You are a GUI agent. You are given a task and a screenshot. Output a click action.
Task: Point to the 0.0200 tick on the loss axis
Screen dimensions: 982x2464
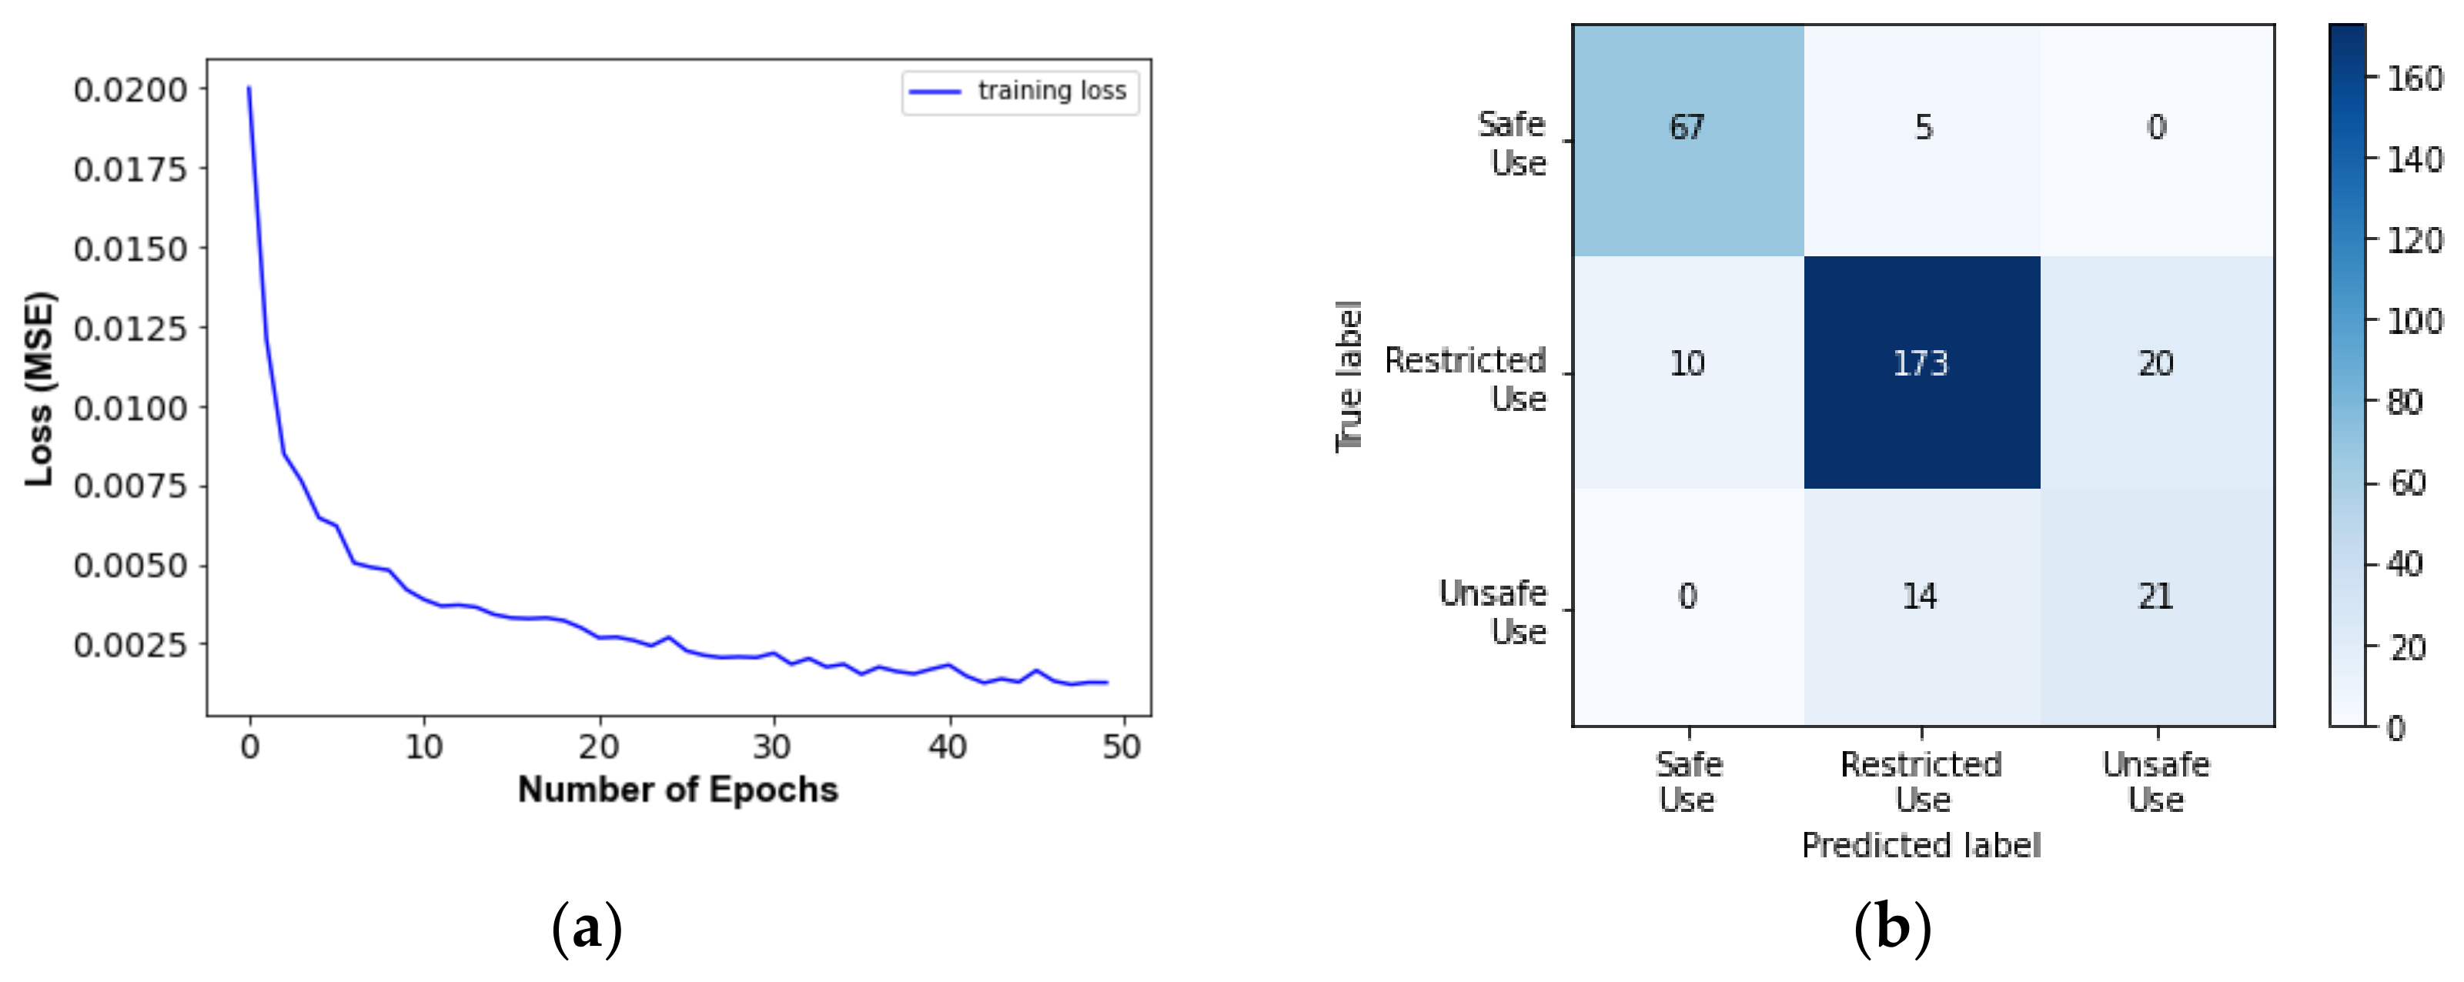click(x=130, y=90)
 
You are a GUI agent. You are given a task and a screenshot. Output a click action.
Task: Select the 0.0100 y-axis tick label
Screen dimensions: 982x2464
click(x=130, y=409)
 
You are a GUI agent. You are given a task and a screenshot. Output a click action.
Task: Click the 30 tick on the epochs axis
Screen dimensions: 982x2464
click(x=772, y=747)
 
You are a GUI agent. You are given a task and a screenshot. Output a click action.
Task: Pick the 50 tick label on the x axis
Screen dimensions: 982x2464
click(x=1121, y=747)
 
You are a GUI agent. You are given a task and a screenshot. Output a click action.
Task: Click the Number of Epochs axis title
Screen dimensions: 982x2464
click(x=677, y=790)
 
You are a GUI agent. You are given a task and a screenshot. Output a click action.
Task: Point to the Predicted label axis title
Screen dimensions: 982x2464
click(x=1921, y=845)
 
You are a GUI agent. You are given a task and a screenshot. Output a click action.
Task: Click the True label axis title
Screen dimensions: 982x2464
click(x=1349, y=376)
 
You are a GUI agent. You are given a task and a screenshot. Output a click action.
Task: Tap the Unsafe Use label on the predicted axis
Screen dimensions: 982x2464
click(x=2156, y=781)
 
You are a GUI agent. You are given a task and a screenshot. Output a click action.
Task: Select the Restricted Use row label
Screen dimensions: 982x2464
click(x=1466, y=379)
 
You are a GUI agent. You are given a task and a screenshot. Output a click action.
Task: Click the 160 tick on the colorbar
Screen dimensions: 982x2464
click(x=2414, y=78)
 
